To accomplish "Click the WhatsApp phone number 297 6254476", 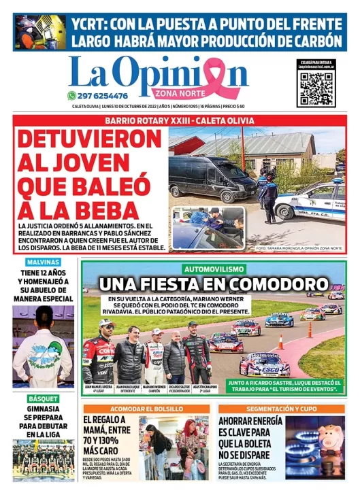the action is (103, 96).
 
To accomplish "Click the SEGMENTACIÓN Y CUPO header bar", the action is (282, 408).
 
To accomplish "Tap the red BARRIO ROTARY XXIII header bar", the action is (180, 120).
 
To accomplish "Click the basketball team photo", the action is (43, 458).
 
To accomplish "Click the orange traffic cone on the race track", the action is (280, 342).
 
